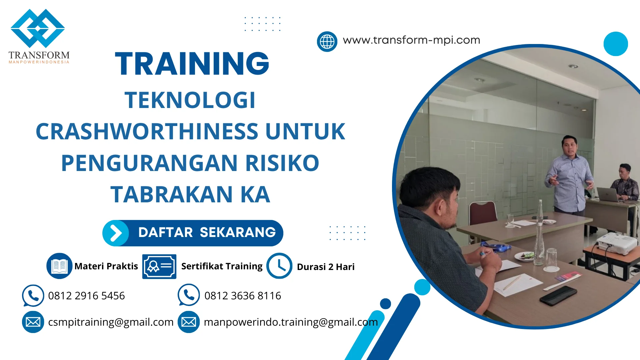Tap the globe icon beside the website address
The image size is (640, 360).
pyautogui.click(x=327, y=42)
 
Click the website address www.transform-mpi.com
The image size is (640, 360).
pyautogui.click(x=411, y=40)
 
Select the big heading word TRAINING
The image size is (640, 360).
pyautogui.click(x=192, y=64)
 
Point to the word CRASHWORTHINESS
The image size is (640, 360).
pyautogui.click(x=147, y=131)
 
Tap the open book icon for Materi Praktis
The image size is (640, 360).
pyautogui.click(x=59, y=266)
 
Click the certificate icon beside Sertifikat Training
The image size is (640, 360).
pyautogui.click(x=159, y=266)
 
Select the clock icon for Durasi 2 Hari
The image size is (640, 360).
pyautogui.click(x=279, y=266)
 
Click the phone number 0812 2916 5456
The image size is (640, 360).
pyautogui.click(x=86, y=296)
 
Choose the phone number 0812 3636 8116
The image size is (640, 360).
pyautogui.click(x=243, y=296)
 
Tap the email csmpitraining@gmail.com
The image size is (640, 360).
pyautogui.click(x=111, y=322)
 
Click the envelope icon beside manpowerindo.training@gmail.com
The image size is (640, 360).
pyautogui.click(x=189, y=322)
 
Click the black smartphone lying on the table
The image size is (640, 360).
pyautogui.click(x=558, y=295)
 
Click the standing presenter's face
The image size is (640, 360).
pyautogui.click(x=569, y=147)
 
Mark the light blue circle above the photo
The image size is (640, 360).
pyautogui.click(x=616, y=44)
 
